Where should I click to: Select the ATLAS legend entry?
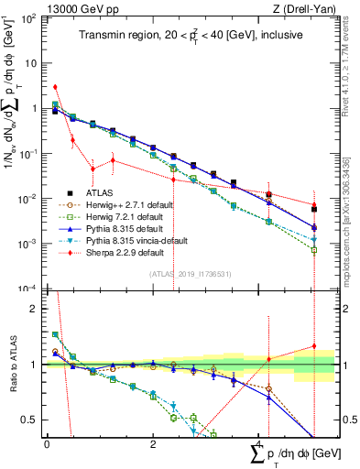[99, 193]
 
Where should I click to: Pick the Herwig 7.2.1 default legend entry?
[124, 217]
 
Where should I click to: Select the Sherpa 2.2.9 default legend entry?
[123, 253]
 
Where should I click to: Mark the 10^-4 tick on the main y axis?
[30, 289]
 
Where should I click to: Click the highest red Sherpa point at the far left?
[55, 87]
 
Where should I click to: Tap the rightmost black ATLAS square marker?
[314, 210]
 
